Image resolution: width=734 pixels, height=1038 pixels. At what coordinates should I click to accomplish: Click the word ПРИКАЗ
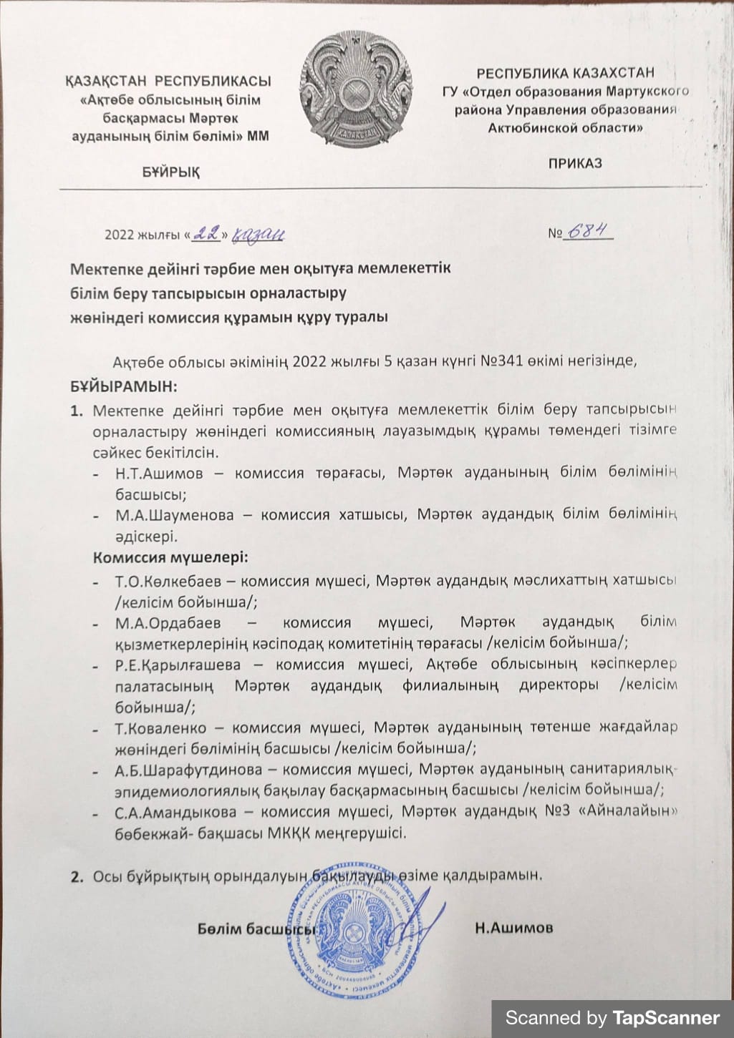(575, 163)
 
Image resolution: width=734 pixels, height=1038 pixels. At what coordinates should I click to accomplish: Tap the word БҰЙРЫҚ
(171, 172)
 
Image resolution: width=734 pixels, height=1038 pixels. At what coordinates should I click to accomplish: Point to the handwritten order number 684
(589, 231)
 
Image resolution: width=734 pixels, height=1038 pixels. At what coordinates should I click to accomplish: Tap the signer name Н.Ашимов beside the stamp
(513, 929)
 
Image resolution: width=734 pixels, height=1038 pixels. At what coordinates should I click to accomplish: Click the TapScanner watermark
(612, 1017)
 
